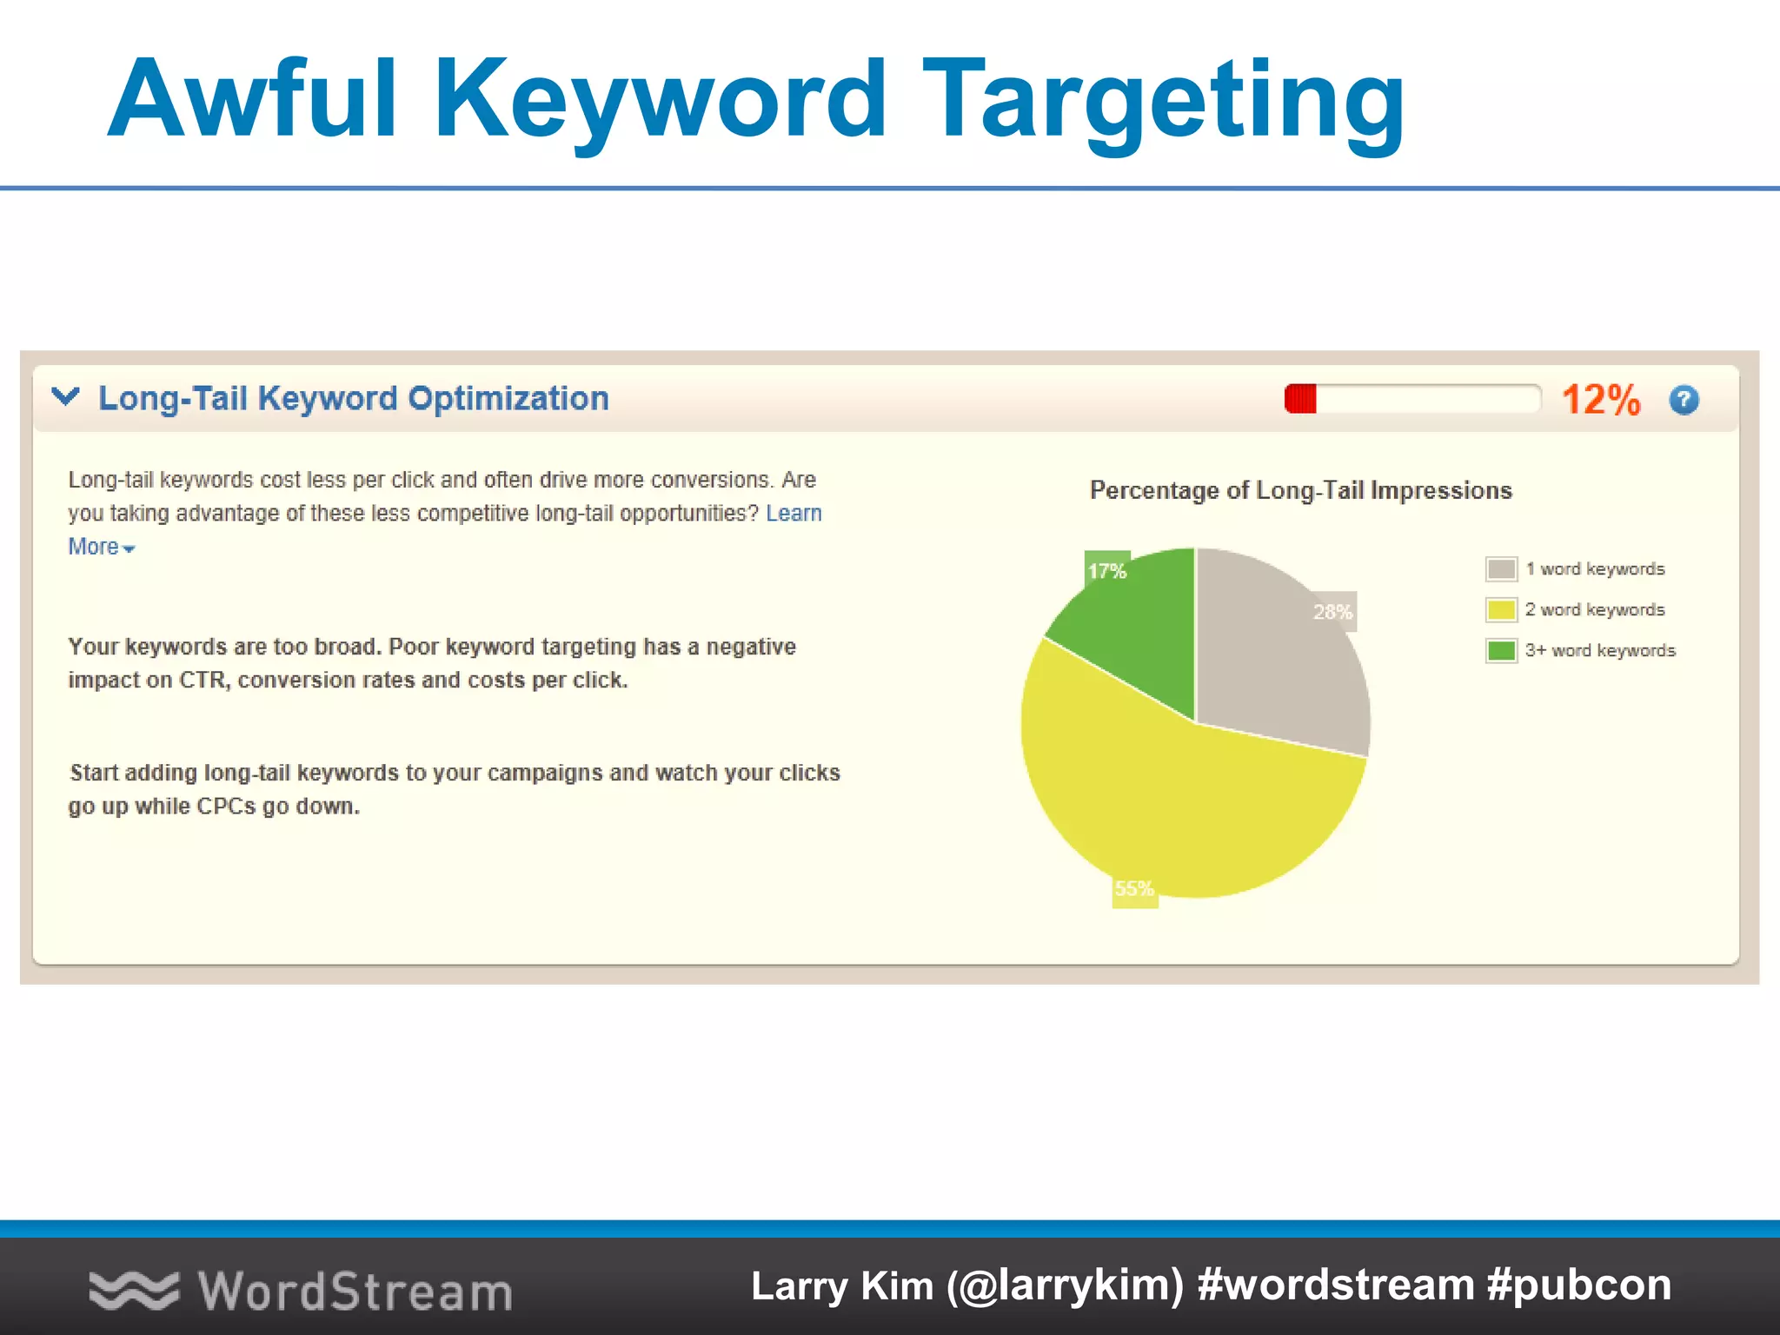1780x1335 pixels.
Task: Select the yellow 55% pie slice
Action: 1182,800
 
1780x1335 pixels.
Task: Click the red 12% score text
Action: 1600,401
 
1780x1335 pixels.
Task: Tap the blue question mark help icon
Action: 1684,400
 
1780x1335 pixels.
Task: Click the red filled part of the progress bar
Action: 1301,400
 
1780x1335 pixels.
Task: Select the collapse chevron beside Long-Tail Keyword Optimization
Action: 66,397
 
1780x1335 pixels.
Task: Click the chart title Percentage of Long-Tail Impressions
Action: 1300,491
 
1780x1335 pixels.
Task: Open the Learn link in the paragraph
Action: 794,514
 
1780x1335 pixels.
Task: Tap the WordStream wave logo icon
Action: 133,1290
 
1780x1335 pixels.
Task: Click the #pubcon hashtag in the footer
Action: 1579,1285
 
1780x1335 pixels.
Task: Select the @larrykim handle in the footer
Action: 1065,1286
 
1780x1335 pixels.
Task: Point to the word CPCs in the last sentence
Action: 226,807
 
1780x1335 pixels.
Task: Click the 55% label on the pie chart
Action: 1134,889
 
